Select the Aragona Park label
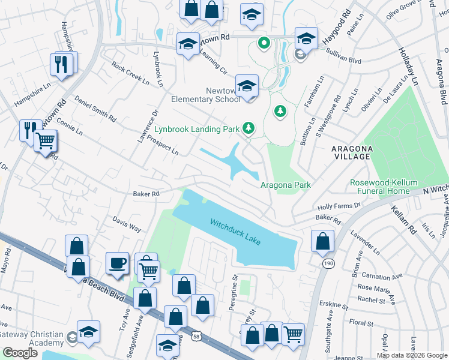point(285,185)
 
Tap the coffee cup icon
point(116,262)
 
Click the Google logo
point(20,353)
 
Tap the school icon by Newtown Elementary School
point(247,86)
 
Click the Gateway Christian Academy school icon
point(88,331)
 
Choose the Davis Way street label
point(127,224)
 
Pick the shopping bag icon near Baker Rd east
point(322,241)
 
